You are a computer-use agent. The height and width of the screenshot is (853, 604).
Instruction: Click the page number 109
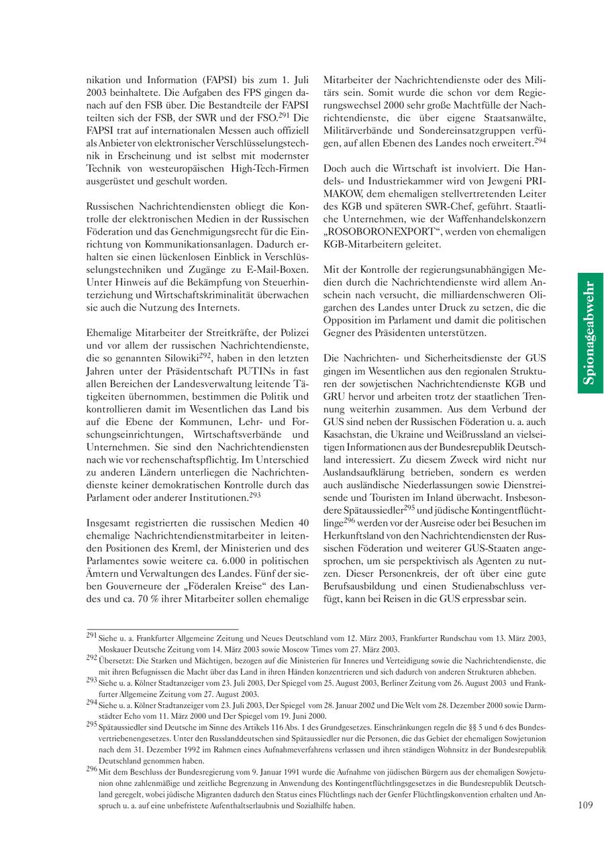point(585,805)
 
